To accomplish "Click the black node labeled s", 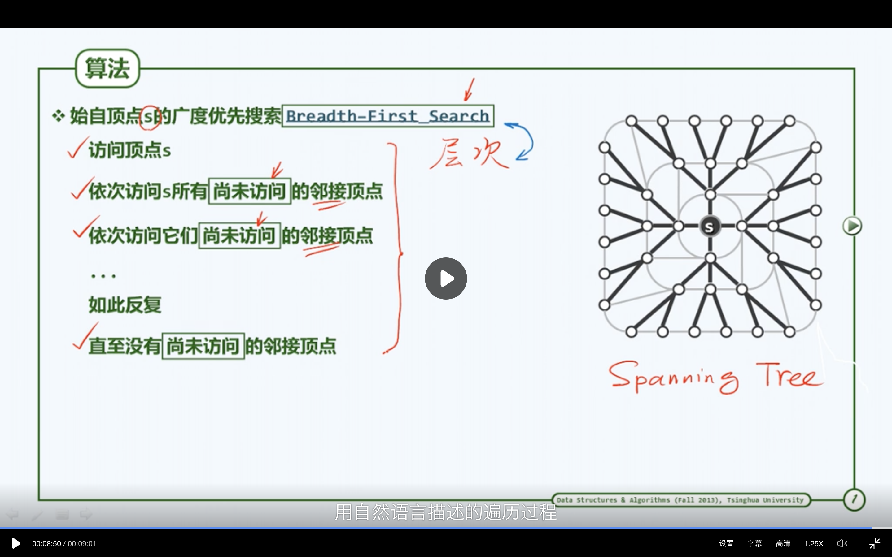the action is point(710,227).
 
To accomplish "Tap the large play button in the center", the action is point(446,278).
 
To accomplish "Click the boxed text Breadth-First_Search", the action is point(388,116).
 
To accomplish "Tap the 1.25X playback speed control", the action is point(814,543).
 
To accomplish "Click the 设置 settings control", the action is point(726,543).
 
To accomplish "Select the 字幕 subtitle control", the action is point(754,543).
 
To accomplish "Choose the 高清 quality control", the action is point(783,543).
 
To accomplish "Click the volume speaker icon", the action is point(842,543).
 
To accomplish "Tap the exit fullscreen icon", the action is point(875,543).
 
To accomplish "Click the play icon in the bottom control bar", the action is point(16,543).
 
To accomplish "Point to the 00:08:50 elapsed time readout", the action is point(46,543).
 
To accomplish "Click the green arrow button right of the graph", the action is point(852,226).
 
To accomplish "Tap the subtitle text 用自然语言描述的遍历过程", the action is point(446,512).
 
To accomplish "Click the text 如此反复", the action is point(125,305).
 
